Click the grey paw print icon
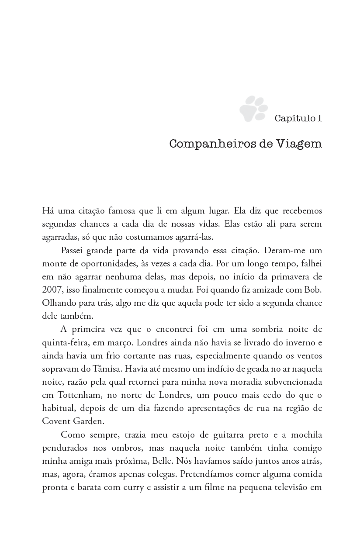pos(253,109)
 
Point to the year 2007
pos(52,290)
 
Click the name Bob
pos(312,290)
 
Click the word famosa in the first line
pos(121,210)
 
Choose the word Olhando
pos(58,303)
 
